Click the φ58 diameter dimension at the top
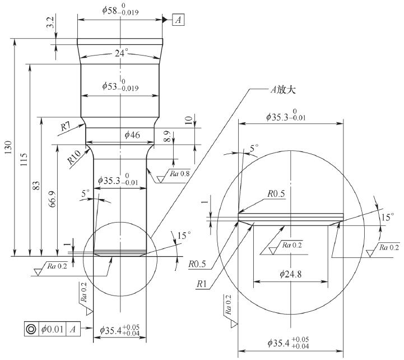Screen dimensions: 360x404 click(x=120, y=10)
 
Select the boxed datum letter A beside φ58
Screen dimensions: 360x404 click(x=179, y=20)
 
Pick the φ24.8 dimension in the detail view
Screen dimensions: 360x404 click(x=289, y=274)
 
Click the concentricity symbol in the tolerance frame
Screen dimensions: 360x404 click(x=31, y=329)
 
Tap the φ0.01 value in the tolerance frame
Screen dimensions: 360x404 click(x=52, y=329)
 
